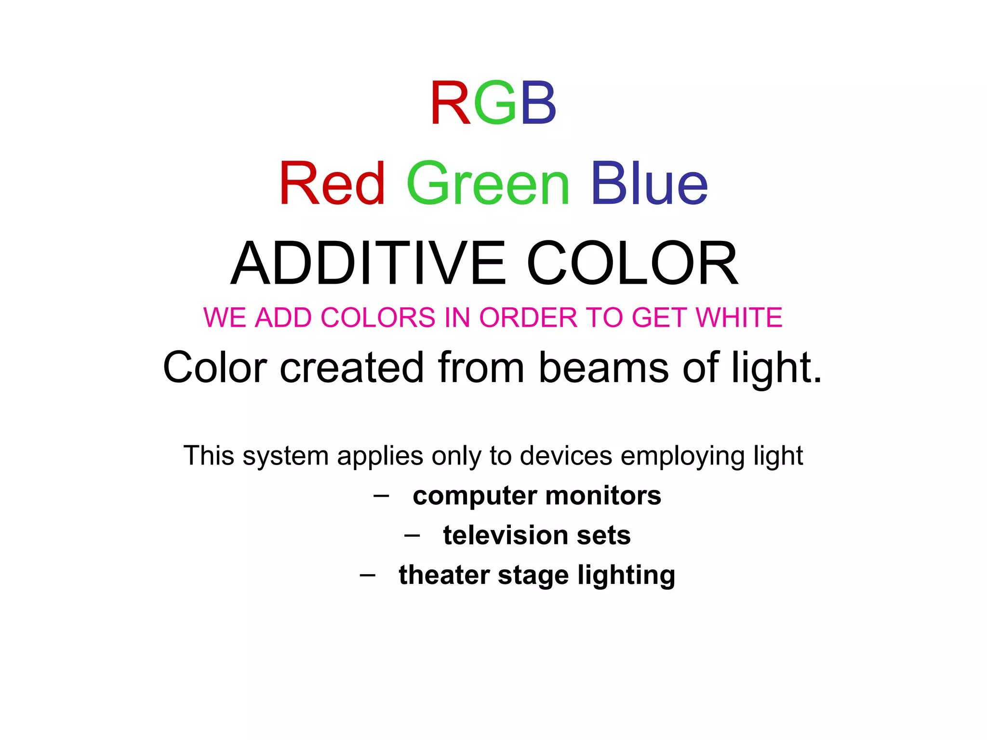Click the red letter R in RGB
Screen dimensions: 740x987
click(450, 103)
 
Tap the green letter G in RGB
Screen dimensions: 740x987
click(495, 103)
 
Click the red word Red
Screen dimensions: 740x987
click(332, 184)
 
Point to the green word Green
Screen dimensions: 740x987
click(488, 184)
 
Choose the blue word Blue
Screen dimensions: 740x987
click(649, 184)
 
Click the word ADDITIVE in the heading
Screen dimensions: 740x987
click(369, 264)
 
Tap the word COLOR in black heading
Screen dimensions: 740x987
click(632, 264)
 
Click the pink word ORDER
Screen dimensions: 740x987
click(528, 317)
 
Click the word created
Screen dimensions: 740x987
click(352, 368)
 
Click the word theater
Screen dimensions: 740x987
click(443, 575)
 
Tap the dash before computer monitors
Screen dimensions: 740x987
click(381, 496)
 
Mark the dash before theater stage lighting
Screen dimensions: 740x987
click(367, 575)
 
